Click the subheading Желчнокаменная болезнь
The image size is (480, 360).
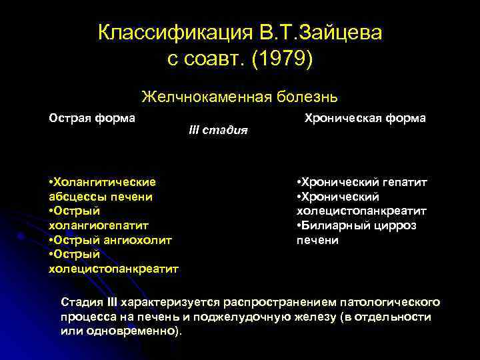[239, 97]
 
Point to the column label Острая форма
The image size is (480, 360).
[92, 118]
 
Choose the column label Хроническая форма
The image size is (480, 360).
[365, 118]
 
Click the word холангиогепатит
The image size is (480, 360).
[99, 225]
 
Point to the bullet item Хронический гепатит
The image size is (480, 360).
[362, 181]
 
